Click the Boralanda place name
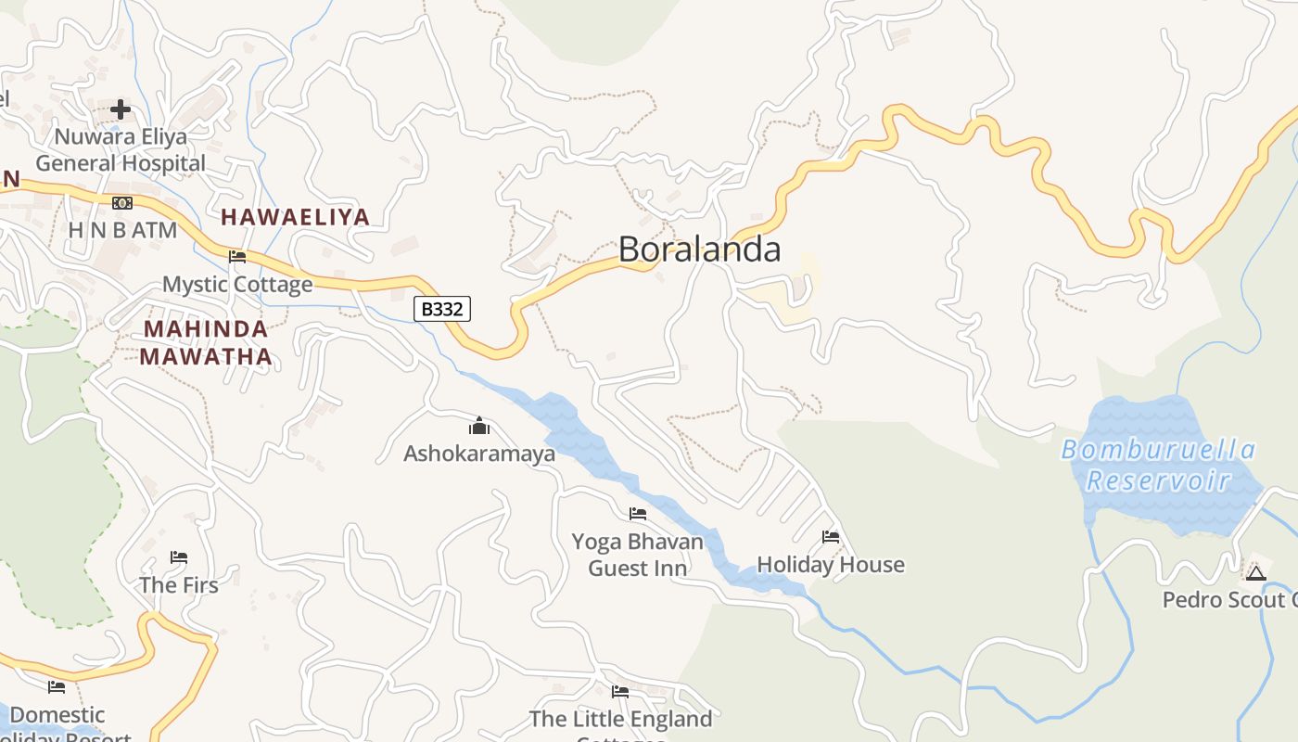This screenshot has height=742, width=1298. click(x=699, y=249)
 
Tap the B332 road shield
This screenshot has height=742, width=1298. click(x=442, y=309)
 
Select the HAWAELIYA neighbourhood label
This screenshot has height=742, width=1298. click(x=295, y=217)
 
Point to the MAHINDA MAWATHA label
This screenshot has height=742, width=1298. click(x=206, y=342)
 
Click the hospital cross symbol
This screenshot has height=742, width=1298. click(x=121, y=109)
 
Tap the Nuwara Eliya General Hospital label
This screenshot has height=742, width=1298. click(x=121, y=150)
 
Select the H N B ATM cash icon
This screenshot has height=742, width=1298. click(x=121, y=203)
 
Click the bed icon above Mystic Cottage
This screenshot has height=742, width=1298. click(x=237, y=257)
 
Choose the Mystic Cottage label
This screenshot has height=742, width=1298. click(x=237, y=284)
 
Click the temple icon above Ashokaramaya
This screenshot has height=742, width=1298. click(x=479, y=426)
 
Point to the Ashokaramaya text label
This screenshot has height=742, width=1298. click(x=479, y=454)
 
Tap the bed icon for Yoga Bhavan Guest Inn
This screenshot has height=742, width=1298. click(x=638, y=513)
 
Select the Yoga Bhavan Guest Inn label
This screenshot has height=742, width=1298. click(x=638, y=554)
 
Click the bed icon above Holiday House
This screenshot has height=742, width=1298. click(x=831, y=537)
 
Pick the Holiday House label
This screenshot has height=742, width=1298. click(x=831, y=564)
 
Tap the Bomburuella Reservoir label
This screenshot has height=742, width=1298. click(x=1158, y=466)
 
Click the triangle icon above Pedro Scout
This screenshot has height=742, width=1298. click(x=1256, y=572)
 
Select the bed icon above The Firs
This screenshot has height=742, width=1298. click(x=179, y=557)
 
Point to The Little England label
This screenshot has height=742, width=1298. click(x=620, y=719)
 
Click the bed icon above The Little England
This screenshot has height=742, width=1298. click(x=620, y=691)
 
